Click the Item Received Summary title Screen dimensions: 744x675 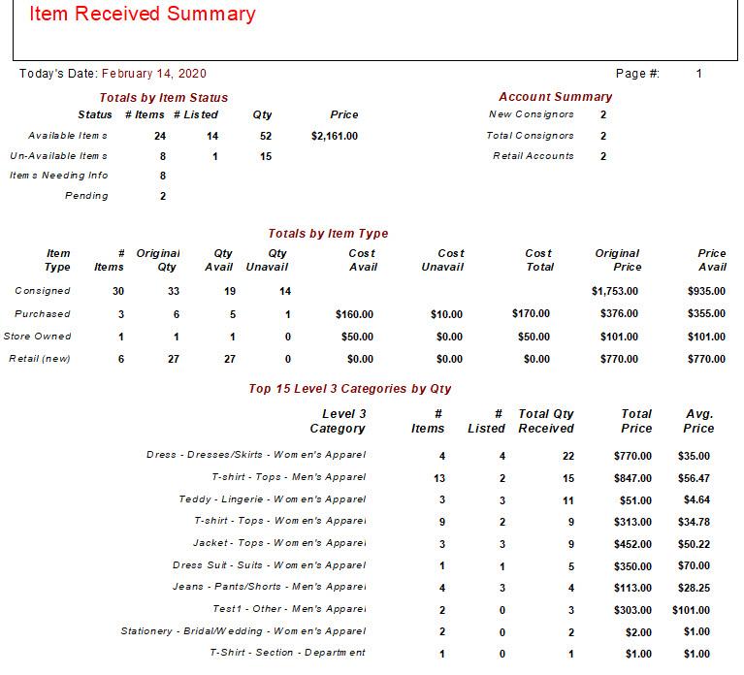(143, 14)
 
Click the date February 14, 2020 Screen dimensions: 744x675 (154, 74)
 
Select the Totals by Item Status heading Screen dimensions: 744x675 (164, 98)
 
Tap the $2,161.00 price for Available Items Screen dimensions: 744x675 (335, 136)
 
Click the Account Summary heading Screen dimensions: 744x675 (556, 97)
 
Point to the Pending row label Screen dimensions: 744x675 (86, 196)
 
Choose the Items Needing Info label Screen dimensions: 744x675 (59, 176)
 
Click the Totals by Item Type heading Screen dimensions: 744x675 (328, 234)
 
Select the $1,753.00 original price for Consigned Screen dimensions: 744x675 (614, 291)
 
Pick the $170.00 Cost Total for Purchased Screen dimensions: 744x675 (531, 313)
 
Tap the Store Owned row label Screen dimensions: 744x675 (37, 337)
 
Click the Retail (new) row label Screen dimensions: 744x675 (40, 359)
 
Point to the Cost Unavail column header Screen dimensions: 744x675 (442, 260)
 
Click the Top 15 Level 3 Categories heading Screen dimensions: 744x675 (350, 389)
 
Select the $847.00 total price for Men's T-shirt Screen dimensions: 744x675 (632, 478)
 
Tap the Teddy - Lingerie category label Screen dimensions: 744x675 (273, 499)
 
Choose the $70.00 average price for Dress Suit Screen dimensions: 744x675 (694, 566)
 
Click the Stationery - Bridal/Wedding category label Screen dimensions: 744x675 (243, 631)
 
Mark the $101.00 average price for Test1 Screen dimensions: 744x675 (691, 610)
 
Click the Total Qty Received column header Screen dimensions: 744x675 (546, 421)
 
